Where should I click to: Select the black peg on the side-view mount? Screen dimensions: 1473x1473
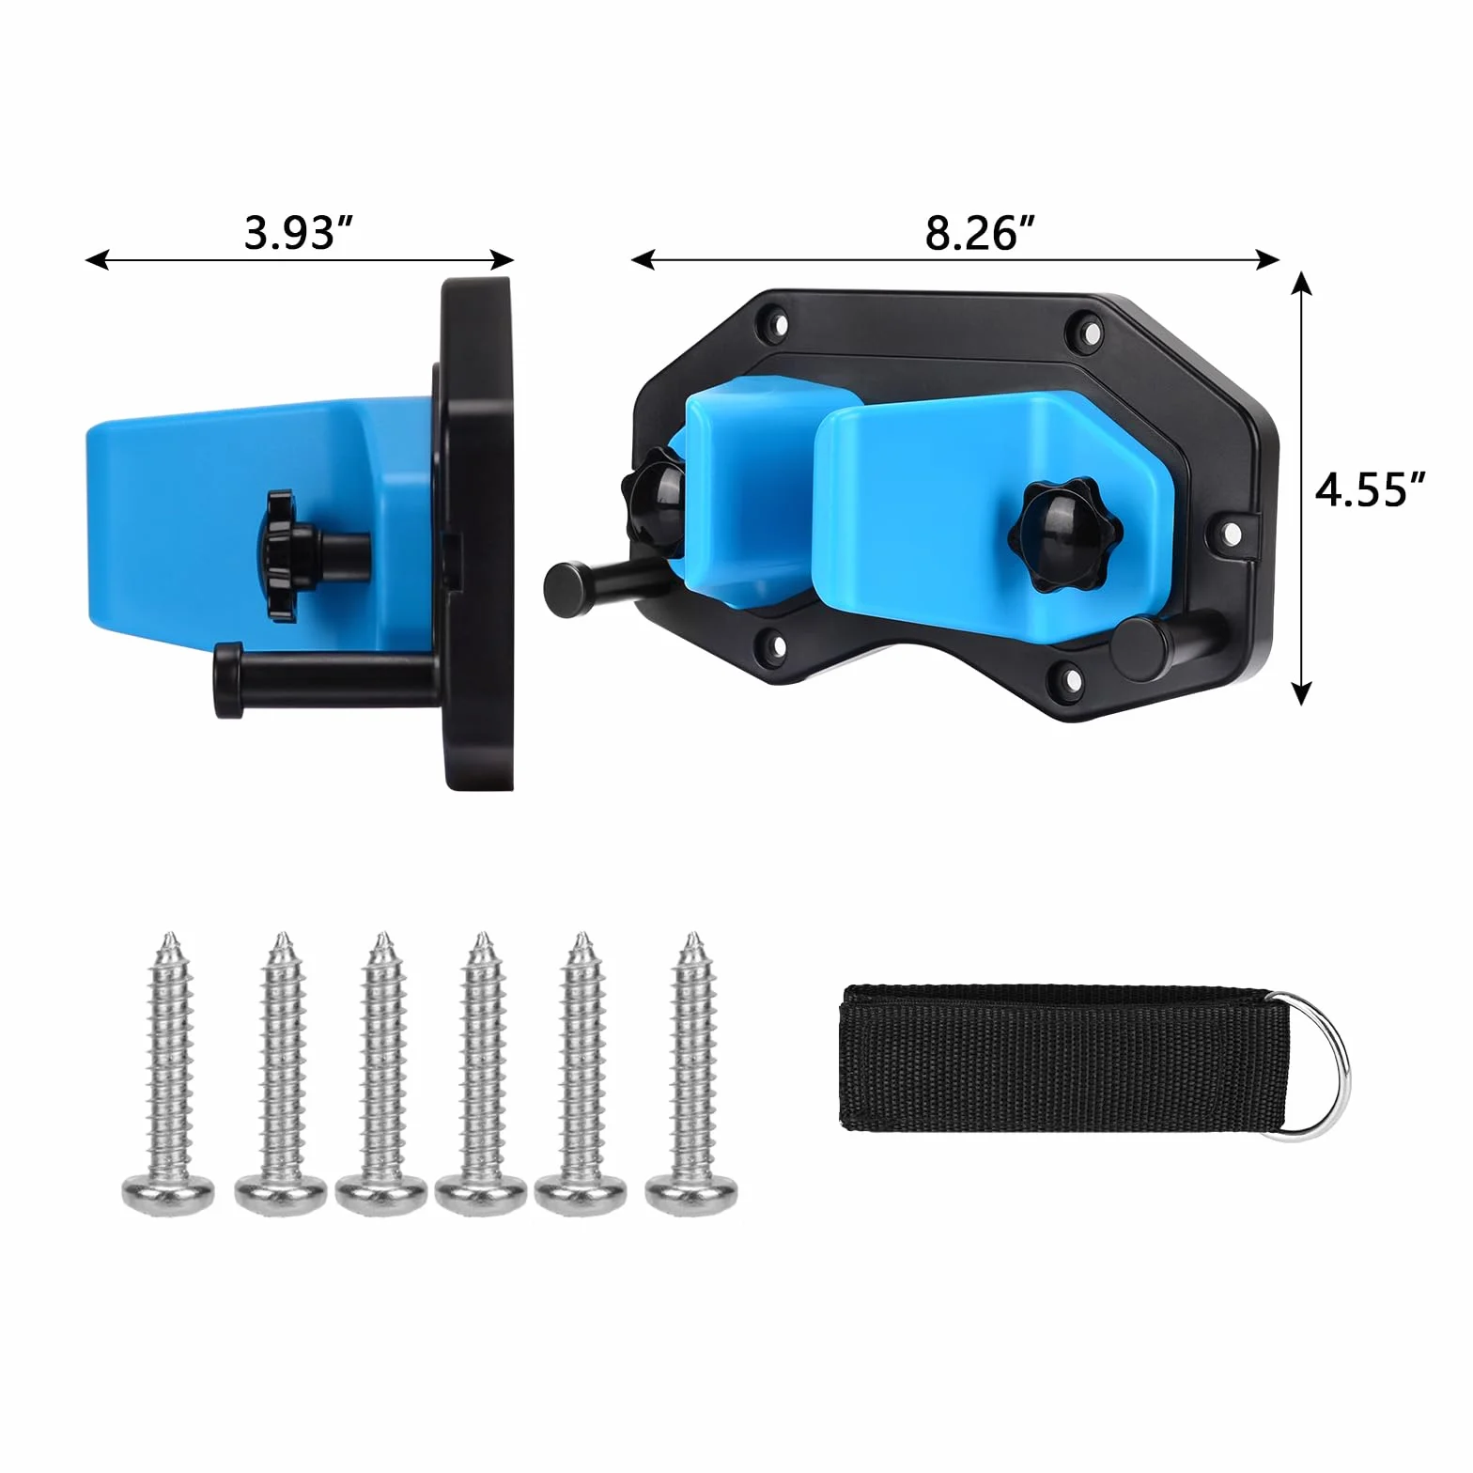pyautogui.click(x=324, y=678)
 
